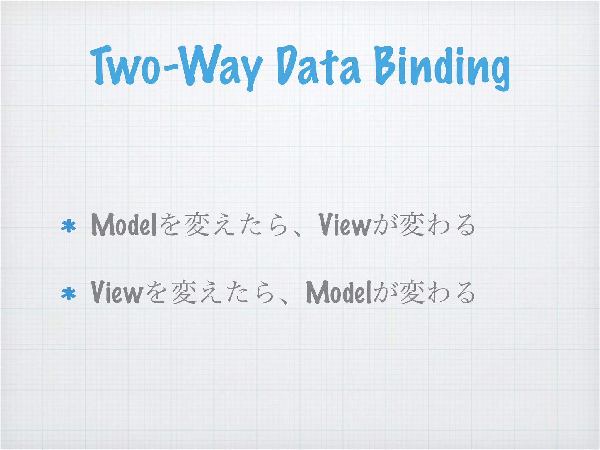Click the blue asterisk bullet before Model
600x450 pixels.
[x=68, y=226]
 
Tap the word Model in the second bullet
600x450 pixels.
[x=339, y=292]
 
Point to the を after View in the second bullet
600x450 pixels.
[x=156, y=293]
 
